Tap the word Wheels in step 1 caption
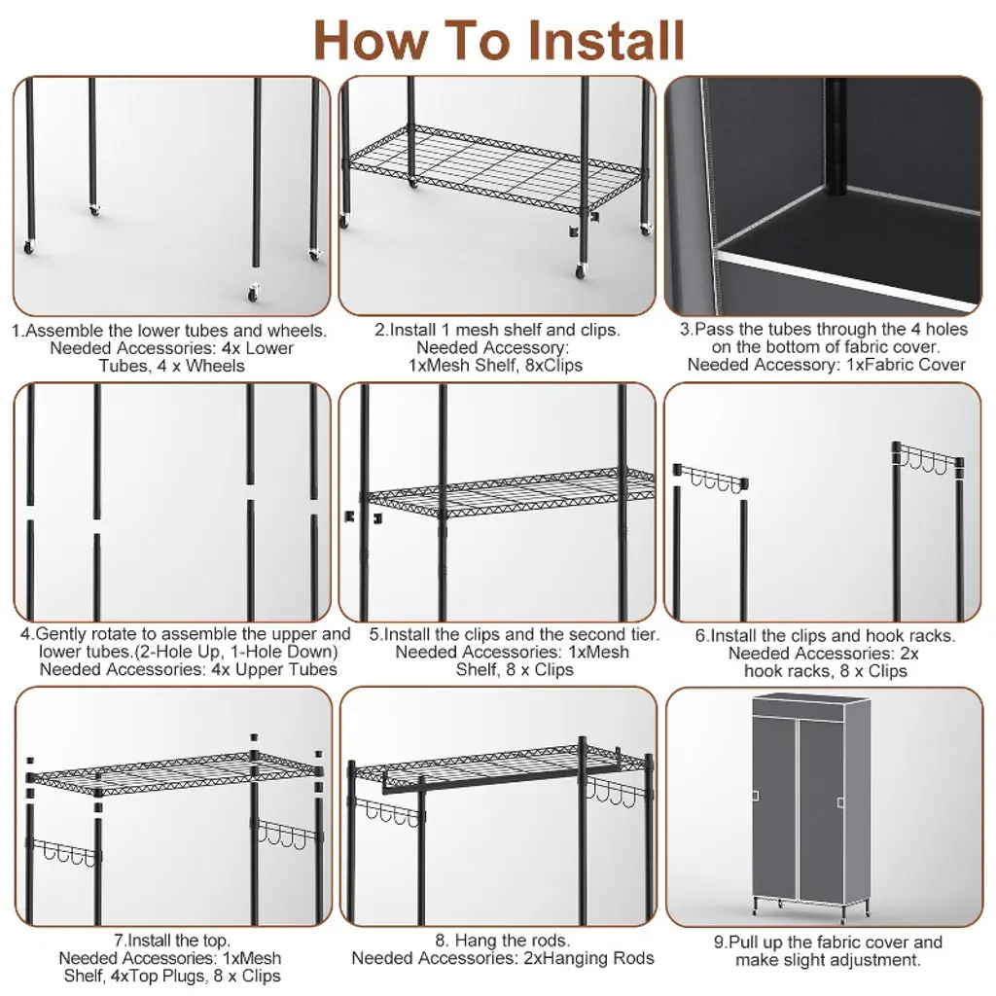pyautogui.click(x=215, y=366)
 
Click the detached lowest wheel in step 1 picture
pyautogui.click(x=254, y=293)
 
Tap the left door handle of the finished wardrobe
pyautogui.click(x=756, y=796)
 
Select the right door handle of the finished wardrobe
pyautogui.click(x=840, y=802)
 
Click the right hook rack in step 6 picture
pyautogui.click(x=928, y=459)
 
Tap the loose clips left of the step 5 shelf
pyautogui.click(x=364, y=516)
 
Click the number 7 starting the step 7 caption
pyautogui.click(x=118, y=941)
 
